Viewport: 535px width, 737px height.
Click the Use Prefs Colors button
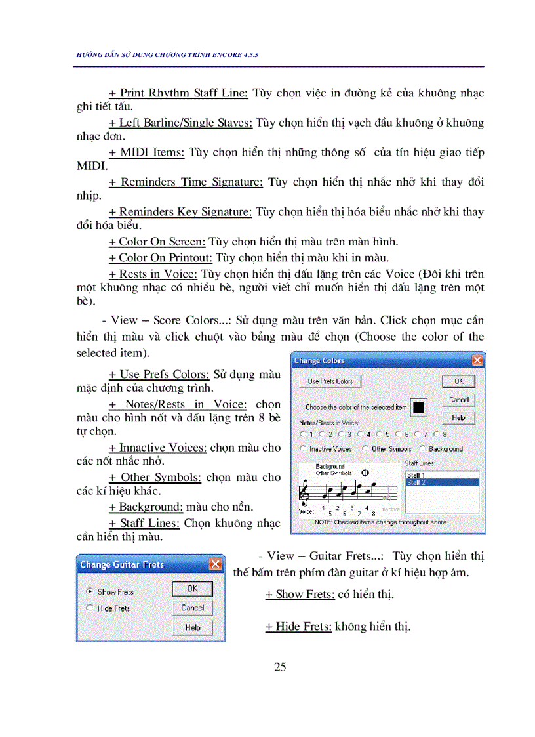coord(330,381)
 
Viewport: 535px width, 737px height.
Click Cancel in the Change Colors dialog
coord(458,400)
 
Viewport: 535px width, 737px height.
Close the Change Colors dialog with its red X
coord(477,360)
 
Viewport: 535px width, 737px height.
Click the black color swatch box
coord(418,407)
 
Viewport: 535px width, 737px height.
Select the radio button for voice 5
coord(379,434)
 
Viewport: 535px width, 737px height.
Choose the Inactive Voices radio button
coord(303,449)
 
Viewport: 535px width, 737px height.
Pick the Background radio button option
coord(422,449)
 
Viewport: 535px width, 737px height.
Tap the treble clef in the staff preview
coord(305,491)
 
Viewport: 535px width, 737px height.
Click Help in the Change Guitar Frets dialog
coord(192,627)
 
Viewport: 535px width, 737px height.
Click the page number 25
coord(280,667)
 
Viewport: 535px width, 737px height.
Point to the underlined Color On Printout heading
coord(161,257)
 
